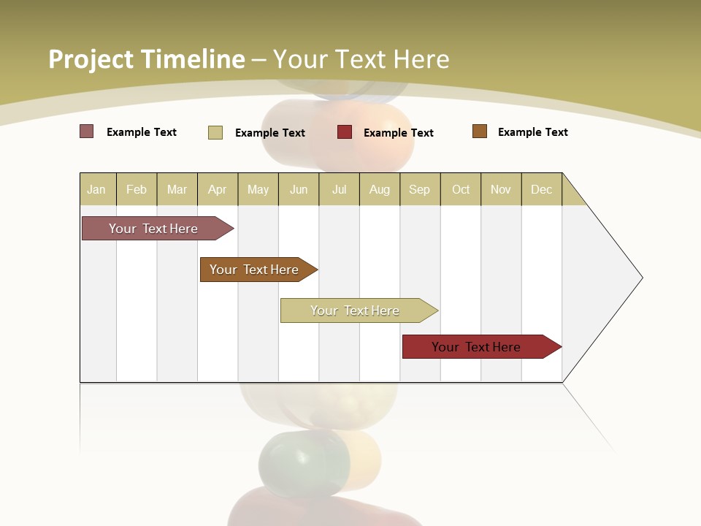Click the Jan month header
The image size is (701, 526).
click(97, 189)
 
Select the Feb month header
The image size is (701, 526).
click(137, 189)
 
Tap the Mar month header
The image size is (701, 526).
click(177, 189)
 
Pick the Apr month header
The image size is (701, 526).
click(218, 189)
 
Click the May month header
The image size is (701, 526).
click(258, 189)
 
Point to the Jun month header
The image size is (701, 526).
click(299, 189)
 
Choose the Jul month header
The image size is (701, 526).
click(339, 189)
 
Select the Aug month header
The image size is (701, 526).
click(380, 189)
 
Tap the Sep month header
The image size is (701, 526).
click(420, 189)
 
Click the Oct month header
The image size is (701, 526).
click(461, 189)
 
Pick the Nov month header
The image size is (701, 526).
click(501, 189)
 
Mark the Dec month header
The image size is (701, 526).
click(542, 189)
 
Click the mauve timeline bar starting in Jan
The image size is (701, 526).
click(154, 229)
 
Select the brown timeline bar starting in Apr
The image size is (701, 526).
click(255, 270)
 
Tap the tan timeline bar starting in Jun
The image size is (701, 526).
click(356, 310)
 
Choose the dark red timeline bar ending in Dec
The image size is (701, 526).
click(478, 347)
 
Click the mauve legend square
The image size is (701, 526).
click(87, 131)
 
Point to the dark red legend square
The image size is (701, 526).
click(345, 132)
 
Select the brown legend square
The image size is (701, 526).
click(480, 131)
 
